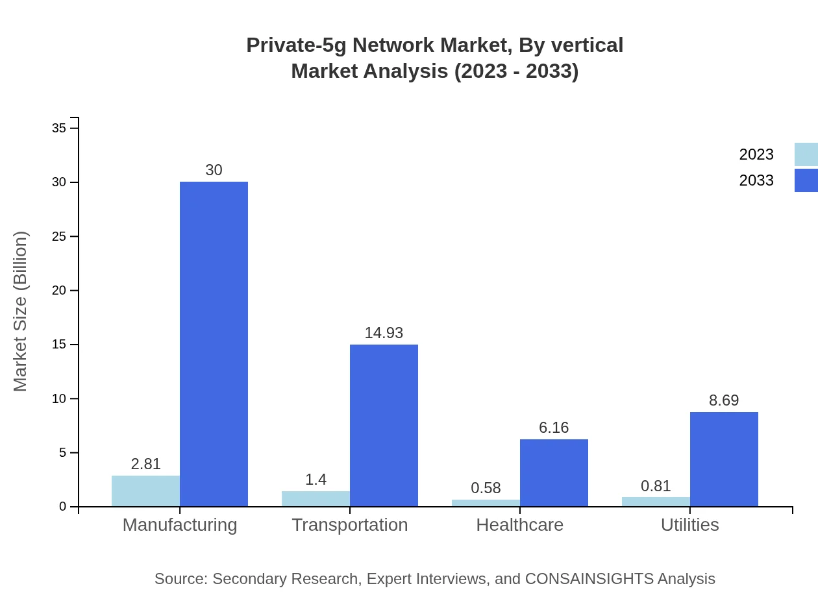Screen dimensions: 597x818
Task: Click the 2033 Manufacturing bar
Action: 214,344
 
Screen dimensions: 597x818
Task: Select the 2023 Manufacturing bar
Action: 145,491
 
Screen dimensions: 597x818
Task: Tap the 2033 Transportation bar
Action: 384,425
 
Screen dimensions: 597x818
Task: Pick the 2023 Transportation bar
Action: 316,498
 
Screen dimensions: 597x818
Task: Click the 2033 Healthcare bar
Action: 554,472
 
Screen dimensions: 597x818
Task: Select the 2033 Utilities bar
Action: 724,459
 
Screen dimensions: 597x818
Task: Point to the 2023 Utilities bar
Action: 656,502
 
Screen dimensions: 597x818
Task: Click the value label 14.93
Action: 384,333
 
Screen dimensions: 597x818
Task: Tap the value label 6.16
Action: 554,428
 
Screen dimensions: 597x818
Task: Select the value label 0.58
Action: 486,488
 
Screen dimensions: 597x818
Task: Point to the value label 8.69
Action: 724,400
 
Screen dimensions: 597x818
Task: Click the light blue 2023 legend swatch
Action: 806,154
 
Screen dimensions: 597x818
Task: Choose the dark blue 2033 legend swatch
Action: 806,180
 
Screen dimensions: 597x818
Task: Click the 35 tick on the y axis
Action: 59,128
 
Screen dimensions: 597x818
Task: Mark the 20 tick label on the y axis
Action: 59,290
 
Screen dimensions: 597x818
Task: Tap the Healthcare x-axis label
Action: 519,524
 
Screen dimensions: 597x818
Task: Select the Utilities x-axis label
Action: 689,524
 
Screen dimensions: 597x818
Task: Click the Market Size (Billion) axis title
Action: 20,311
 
